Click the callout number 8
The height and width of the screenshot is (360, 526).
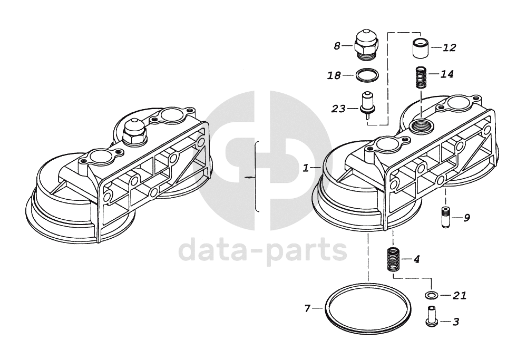[337, 46]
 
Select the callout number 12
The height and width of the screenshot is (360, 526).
[449, 48]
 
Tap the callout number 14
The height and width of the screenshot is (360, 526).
[446, 74]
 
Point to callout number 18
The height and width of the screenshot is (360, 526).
[334, 75]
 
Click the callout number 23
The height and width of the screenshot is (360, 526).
[337, 109]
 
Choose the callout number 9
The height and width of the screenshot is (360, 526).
[466, 217]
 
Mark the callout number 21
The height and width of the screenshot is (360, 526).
[460, 296]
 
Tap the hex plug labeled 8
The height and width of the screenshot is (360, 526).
[367, 43]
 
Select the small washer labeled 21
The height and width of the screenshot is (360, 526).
[431, 295]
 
